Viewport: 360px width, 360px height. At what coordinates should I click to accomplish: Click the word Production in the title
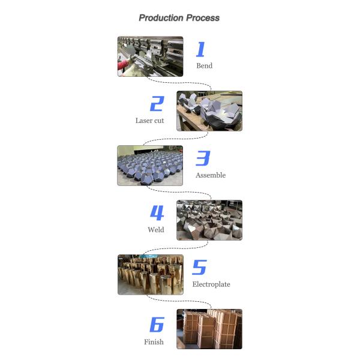click(161, 18)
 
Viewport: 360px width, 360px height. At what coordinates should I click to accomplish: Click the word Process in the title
click(203, 18)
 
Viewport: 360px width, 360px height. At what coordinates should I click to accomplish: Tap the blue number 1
click(200, 49)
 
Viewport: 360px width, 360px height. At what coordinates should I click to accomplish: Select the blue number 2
click(157, 104)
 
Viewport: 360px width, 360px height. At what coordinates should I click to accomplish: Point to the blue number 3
click(203, 158)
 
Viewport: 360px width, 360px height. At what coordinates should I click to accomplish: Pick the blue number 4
click(157, 213)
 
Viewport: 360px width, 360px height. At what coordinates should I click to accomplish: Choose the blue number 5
click(200, 267)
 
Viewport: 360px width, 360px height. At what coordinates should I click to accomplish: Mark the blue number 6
click(157, 325)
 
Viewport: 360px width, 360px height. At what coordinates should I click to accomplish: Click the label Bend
click(205, 65)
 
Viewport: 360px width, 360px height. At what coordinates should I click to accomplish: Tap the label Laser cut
click(149, 121)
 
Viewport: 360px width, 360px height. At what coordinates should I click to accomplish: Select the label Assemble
click(211, 175)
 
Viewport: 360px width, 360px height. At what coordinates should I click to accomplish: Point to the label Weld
click(156, 230)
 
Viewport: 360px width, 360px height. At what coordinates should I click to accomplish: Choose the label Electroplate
click(211, 284)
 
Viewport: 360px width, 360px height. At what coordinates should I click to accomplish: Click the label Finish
click(154, 342)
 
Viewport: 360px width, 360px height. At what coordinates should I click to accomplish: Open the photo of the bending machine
click(151, 56)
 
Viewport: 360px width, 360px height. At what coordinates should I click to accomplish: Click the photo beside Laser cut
click(209, 111)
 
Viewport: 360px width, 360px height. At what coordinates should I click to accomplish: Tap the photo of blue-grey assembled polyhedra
click(150, 166)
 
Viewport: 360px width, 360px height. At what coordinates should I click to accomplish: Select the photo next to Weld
click(209, 220)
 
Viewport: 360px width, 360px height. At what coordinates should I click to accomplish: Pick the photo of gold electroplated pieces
click(151, 275)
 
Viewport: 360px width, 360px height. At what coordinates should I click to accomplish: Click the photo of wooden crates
click(209, 329)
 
